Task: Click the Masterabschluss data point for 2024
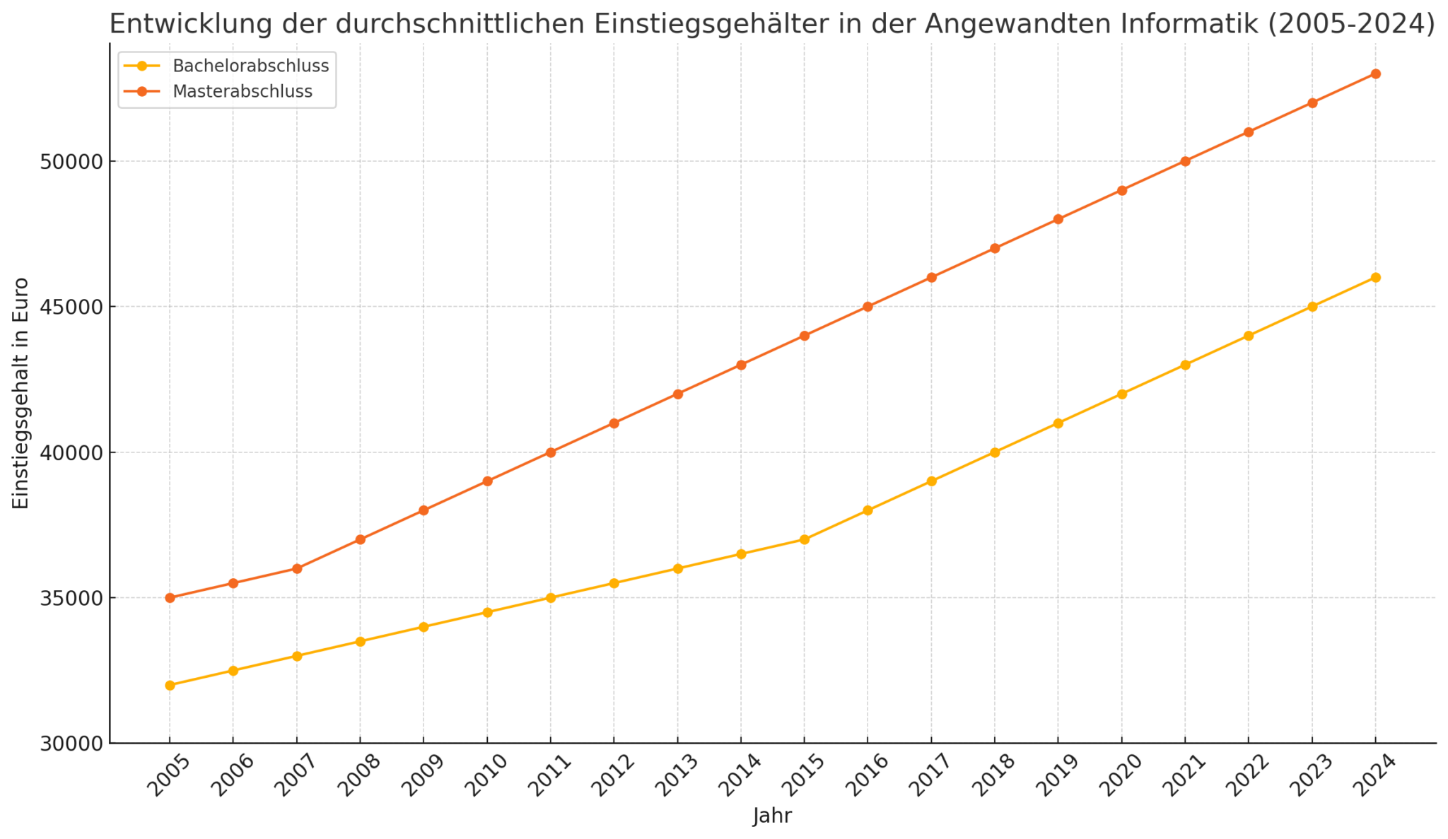point(1375,74)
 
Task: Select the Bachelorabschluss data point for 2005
point(170,685)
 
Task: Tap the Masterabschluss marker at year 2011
point(551,452)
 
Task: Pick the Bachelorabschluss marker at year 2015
point(804,539)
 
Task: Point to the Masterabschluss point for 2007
point(297,568)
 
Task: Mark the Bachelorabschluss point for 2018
point(995,452)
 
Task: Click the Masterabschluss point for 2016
point(868,307)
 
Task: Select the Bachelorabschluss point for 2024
point(1375,278)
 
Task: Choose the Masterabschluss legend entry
point(242,92)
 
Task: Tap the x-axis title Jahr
point(772,816)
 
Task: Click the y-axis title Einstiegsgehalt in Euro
point(21,393)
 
